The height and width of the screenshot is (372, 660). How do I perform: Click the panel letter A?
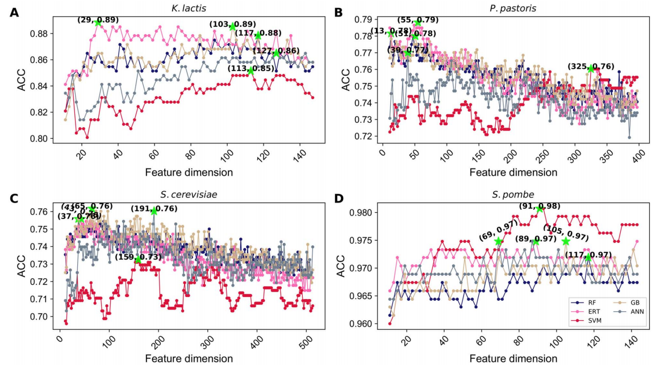click(14, 12)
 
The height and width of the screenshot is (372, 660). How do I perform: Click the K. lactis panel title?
click(188, 9)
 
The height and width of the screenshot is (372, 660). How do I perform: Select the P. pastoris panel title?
click(513, 9)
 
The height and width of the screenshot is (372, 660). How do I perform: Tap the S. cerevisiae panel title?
click(188, 195)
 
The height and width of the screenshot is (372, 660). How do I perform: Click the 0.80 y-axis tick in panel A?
click(41, 138)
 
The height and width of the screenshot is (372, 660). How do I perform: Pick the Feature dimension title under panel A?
click(188, 172)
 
